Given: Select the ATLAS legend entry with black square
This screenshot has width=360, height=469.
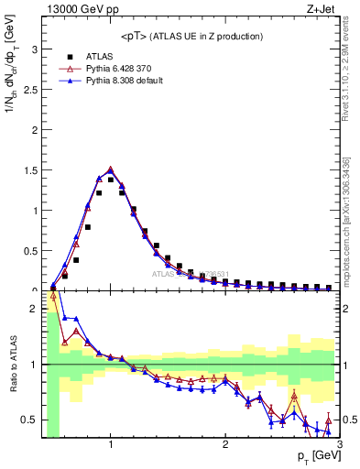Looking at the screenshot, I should (x=100, y=56).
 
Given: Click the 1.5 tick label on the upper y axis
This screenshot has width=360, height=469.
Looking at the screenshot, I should (x=30, y=170).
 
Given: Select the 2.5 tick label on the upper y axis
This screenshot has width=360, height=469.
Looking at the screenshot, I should (x=30, y=90).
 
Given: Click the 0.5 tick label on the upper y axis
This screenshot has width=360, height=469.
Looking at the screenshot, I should (x=30, y=251).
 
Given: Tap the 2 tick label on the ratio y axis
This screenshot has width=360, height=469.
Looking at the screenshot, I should (x=35, y=309).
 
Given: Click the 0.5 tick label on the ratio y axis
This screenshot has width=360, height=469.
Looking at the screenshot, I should (x=30, y=420).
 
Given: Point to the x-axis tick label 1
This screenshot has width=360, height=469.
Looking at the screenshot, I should (x=111, y=445).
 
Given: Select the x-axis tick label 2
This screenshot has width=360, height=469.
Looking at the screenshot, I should (x=225, y=445).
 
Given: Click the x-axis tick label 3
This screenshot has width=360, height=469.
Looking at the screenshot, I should (x=339, y=445).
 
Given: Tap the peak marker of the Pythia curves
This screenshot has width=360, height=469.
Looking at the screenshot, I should (x=111, y=169).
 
